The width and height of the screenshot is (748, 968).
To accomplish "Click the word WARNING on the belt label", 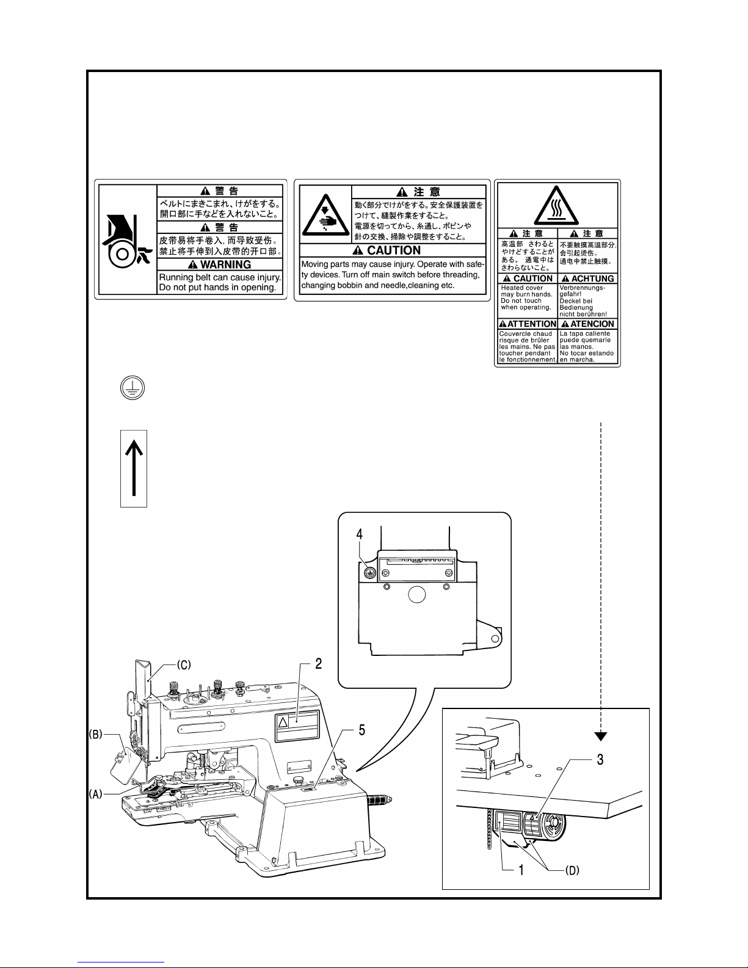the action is [225, 264].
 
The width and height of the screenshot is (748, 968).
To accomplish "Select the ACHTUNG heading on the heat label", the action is [592, 278].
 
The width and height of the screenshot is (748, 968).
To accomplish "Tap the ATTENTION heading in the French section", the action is [532, 324].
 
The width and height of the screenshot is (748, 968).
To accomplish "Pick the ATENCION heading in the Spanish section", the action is [592, 324].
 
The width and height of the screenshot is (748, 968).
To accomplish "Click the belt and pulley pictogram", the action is [127, 241].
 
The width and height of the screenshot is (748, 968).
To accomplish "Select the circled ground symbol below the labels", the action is [133, 388].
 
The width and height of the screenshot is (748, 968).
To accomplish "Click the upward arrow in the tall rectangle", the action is [134, 468].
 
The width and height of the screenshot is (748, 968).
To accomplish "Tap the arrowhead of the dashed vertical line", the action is [601, 737].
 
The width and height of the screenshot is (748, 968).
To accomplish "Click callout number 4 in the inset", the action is [359, 534].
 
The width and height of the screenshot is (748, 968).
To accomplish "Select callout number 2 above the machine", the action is [318, 664].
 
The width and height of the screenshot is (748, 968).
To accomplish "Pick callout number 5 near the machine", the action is [361, 730].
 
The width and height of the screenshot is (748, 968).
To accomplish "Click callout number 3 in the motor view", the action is [600, 760].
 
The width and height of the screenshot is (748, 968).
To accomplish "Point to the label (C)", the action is [184, 664].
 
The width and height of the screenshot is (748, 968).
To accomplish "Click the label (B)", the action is [96, 734].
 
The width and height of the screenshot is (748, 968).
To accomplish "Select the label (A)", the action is [96, 794].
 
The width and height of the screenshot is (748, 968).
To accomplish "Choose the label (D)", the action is [572, 870].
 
